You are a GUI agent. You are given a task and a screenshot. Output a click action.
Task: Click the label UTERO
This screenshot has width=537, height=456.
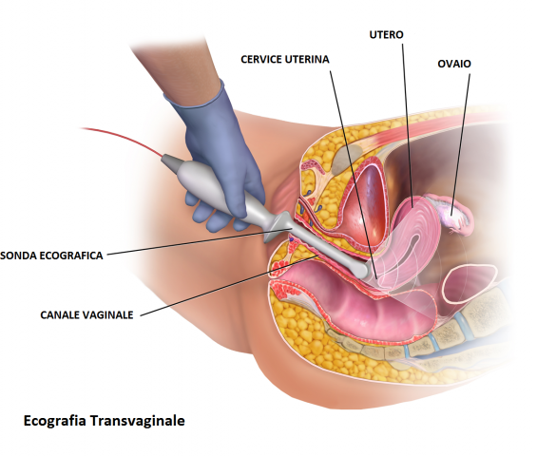tap(386, 34)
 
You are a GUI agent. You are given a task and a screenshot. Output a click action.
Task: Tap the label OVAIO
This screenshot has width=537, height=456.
tap(454, 64)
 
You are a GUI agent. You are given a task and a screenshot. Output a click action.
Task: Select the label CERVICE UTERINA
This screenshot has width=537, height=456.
tap(285, 59)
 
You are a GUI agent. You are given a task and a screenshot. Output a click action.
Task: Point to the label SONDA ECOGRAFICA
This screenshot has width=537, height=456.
tap(51, 256)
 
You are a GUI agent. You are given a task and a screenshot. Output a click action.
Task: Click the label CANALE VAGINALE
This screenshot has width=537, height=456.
tap(86, 315)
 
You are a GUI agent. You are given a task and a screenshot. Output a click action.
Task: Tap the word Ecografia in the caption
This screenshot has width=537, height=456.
tap(54, 421)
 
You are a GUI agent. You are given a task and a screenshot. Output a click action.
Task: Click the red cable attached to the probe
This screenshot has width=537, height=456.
tap(124, 140)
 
